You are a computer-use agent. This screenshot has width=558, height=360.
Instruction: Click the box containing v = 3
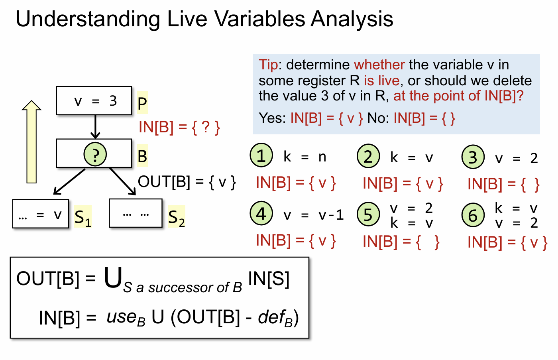pyautogui.click(x=94, y=100)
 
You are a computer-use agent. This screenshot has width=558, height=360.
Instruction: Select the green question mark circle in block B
pyautogui.click(x=95, y=154)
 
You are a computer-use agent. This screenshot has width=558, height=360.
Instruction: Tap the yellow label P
pyautogui.click(x=142, y=102)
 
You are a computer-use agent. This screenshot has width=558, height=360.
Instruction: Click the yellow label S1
pyautogui.click(x=83, y=216)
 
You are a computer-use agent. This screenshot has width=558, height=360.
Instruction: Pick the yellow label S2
pyautogui.click(x=176, y=216)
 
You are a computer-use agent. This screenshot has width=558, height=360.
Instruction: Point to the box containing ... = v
pyautogui.click(x=41, y=214)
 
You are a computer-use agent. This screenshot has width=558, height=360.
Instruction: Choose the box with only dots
pyautogui.click(x=136, y=213)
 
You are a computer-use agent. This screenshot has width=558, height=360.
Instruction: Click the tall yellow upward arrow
pyautogui.click(x=31, y=142)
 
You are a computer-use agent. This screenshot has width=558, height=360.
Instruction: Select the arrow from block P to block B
pyautogui.click(x=95, y=127)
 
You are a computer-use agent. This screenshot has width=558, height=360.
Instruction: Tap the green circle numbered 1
pyautogui.click(x=261, y=155)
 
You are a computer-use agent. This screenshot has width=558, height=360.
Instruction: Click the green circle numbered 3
pyautogui.click(x=473, y=157)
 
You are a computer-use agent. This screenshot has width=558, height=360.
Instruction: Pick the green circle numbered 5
pyautogui.click(x=368, y=214)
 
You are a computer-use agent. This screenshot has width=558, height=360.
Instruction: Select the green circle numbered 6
pyautogui.click(x=473, y=215)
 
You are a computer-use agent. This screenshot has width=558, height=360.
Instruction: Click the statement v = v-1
pyautogui.click(x=314, y=215)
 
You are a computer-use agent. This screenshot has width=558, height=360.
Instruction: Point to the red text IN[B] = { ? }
pyautogui.click(x=179, y=127)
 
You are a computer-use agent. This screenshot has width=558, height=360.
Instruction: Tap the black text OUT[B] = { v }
pyautogui.click(x=187, y=182)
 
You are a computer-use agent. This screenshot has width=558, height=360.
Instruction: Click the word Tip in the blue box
pyautogui.click(x=268, y=65)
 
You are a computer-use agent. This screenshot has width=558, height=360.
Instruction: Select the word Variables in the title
pyautogui.click(x=259, y=19)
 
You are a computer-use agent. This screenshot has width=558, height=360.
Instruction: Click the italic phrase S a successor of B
pyautogui.click(x=183, y=287)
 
